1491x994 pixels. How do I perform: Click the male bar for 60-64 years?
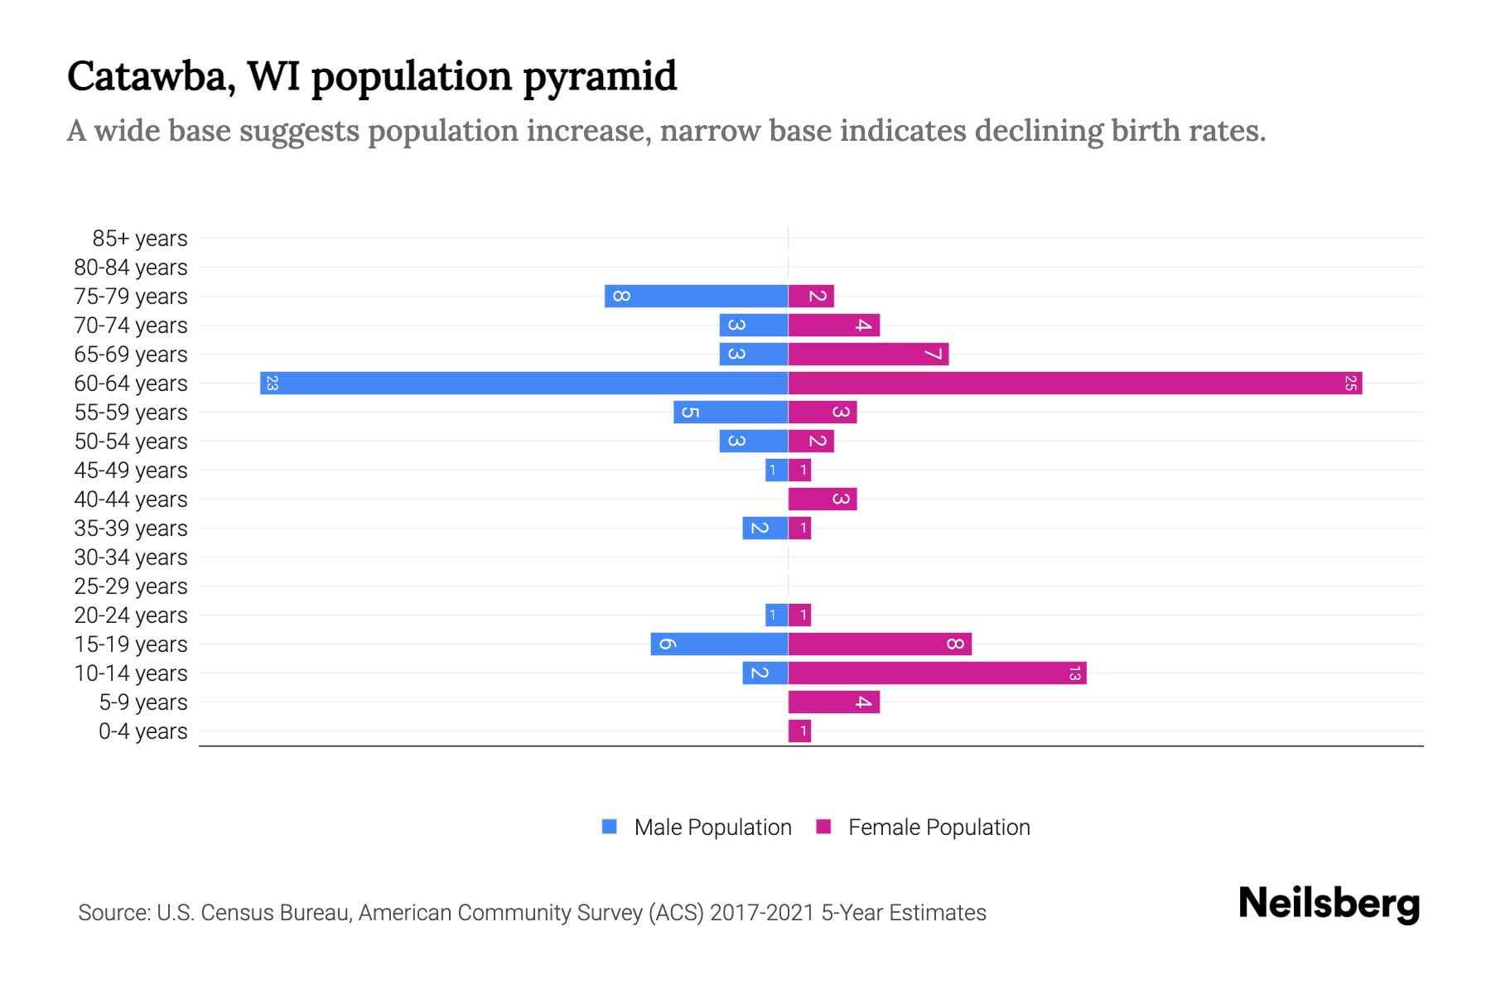(524, 384)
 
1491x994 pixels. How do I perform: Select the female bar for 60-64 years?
(1074, 384)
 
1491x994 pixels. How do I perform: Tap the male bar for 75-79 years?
(696, 297)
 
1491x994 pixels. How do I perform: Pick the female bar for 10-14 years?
(937, 673)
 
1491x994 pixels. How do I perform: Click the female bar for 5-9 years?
(833, 702)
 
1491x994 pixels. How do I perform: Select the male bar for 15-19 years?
(719, 644)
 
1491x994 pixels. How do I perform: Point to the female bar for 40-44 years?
(822, 499)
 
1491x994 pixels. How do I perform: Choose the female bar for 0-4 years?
(799, 731)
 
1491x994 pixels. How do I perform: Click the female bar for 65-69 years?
(868, 355)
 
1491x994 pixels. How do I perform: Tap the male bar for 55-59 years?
(731, 413)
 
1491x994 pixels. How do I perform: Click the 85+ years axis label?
(140, 239)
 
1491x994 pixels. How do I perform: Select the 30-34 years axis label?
(131, 557)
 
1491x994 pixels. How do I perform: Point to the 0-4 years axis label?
(142, 731)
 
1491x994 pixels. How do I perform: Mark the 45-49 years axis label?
(131, 470)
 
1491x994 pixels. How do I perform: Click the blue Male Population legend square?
(610, 827)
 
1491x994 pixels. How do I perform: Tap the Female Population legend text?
(939, 828)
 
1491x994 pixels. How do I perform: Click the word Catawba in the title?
(146, 77)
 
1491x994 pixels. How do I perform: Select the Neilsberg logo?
(1329, 904)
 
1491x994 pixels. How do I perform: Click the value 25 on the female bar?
(1350, 384)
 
